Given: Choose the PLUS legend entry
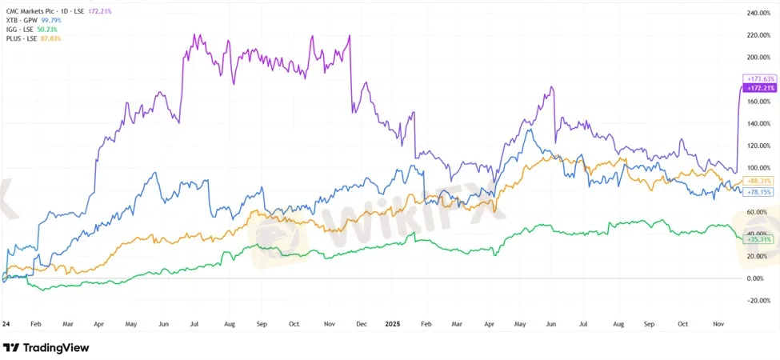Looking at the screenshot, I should [x=22, y=38].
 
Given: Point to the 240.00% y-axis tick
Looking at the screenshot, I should [x=759, y=14].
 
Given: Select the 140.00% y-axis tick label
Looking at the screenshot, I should [x=759, y=124].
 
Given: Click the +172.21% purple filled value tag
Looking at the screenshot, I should [x=760, y=87].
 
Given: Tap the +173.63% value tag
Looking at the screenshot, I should [x=760, y=78].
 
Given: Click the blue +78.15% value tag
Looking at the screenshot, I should [x=759, y=192].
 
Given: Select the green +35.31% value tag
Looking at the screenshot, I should [x=759, y=239].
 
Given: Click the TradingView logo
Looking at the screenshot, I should [x=46, y=348].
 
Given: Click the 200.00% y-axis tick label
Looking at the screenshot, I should [x=759, y=58].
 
